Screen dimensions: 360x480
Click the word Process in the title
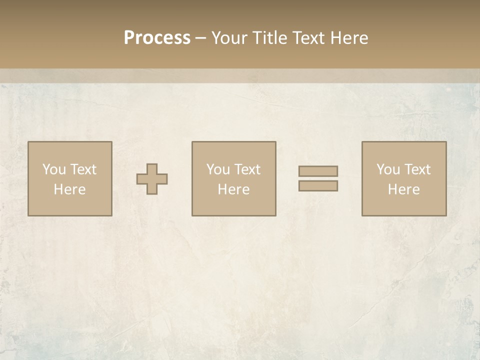(157, 38)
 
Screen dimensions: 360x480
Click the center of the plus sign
(152, 179)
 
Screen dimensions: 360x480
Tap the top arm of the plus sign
(152, 169)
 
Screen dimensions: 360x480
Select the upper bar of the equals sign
(318, 171)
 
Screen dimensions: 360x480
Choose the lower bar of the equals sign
(318, 186)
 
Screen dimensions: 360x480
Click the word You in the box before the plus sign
(54, 169)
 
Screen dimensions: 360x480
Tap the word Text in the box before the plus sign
(83, 169)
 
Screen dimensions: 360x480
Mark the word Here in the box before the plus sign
(69, 189)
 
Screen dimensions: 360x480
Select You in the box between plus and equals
(218, 169)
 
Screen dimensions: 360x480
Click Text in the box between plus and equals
(247, 169)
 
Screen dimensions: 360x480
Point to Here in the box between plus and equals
(233, 189)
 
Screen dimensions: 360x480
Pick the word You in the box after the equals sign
(388, 169)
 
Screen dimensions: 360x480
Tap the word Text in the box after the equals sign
(417, 169)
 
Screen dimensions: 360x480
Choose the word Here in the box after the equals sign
(403, 189)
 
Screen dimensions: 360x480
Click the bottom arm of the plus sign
(152, 189)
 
